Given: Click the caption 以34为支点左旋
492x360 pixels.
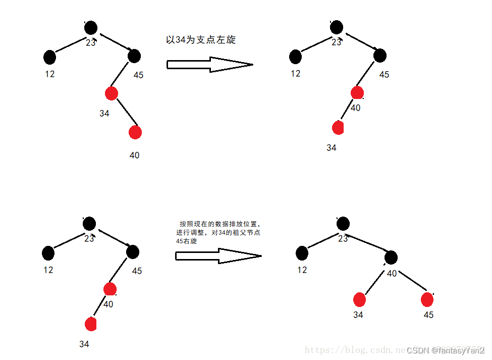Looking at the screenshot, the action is [x=200, y=40].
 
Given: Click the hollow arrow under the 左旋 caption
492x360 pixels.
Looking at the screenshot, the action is [x=209, y=64].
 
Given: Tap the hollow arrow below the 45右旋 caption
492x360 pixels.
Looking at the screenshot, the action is [x=218, y=255].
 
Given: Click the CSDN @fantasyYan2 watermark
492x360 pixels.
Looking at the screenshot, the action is [x=445, y=350].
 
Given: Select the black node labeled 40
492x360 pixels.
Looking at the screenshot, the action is [x=391, y=258].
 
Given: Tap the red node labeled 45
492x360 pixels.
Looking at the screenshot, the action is [x=427, y=299].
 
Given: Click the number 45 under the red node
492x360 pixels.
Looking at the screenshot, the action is [x=428, y=315].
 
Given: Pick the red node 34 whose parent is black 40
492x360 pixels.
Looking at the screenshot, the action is [x=359, y=300].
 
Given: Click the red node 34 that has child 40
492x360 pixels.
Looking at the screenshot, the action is [x=112, y=93].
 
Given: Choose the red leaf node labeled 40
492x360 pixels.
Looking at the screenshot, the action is [x=135, y=132].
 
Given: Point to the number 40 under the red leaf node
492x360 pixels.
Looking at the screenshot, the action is [x=134, y=156].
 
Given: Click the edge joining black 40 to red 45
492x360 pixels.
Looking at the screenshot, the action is [x=412, y=281].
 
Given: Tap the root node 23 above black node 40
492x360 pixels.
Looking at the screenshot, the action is [x=343, y=223].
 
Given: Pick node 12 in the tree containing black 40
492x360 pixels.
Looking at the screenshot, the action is [x=302, y=253].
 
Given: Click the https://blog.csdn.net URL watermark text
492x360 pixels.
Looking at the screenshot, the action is [x=353, y=350].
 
